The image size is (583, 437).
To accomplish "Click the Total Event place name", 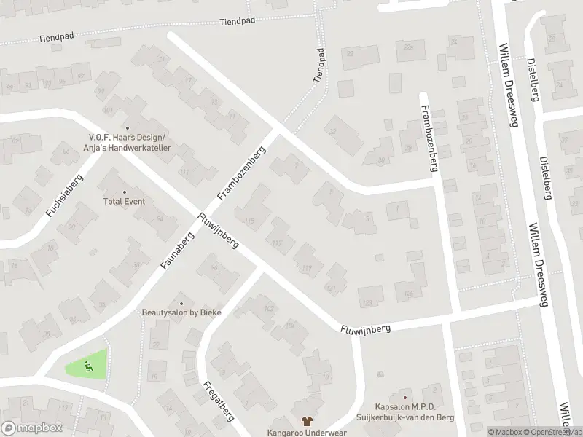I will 124,201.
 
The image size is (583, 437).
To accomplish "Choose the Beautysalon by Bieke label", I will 181,312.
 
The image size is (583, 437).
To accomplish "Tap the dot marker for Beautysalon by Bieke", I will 181,303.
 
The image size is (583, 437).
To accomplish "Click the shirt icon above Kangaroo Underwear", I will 307,421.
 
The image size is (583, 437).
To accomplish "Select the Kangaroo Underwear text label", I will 307,432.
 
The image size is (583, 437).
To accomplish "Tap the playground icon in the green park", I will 89,365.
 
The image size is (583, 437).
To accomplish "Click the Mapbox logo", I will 31,428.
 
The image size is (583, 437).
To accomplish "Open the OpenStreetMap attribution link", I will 552,432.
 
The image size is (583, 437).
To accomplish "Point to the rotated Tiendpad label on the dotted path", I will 318,66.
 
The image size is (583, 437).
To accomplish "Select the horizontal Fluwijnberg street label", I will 365,329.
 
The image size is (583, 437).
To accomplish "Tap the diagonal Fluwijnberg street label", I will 219,231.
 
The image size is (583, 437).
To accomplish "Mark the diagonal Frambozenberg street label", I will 243,173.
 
